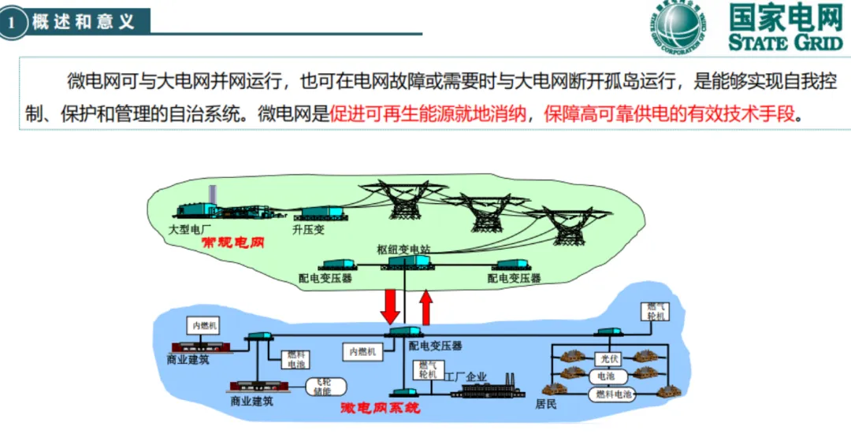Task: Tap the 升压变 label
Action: click(x=308, y=230)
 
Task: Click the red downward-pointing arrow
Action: click(x=390, y=305)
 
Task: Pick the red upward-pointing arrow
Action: click(x=426, y=307)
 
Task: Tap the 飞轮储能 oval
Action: click(x=322, y=386)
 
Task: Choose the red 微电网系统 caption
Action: click(x=381, y=408)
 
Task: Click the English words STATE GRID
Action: click(x=786, y=43)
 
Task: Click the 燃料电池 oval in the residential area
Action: click(x=614, y=394)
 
